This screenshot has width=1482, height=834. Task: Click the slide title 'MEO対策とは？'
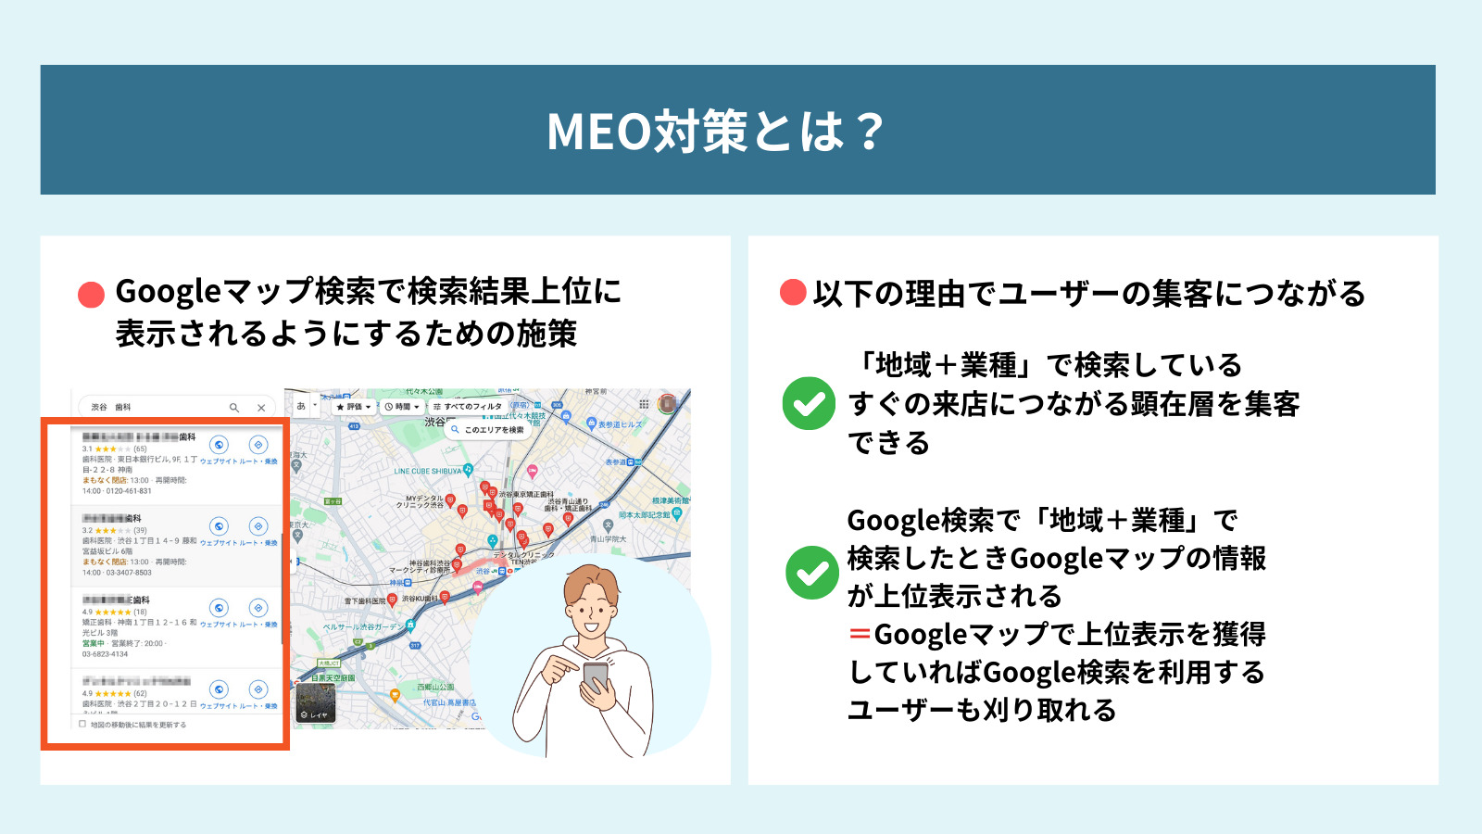(x=715, y=131)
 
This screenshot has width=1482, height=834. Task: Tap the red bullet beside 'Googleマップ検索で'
(x=91, y=295)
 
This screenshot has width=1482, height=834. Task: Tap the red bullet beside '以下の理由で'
(x=793, y=293)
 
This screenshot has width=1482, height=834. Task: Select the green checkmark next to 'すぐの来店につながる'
(x=809, y=403)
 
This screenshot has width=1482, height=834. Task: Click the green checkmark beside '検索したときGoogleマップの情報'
(x=811, y=573)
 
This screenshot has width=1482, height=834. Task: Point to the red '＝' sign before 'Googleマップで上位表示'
(x=860, y=635)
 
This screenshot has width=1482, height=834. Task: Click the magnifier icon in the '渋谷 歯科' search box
(x=234, y=408)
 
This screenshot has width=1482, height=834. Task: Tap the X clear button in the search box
(x=261, y=408)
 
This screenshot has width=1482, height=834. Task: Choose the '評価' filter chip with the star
(x=353, y=407)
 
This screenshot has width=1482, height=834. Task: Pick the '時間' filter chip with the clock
(x=402, y=407)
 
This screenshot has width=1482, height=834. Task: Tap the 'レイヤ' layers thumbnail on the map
(x=315, y=703)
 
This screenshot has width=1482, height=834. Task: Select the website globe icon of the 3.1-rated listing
(x=219, y=445)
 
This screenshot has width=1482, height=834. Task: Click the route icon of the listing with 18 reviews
(x=258, y=608)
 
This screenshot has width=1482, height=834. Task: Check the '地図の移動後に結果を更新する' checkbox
(x=82, y=725)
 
